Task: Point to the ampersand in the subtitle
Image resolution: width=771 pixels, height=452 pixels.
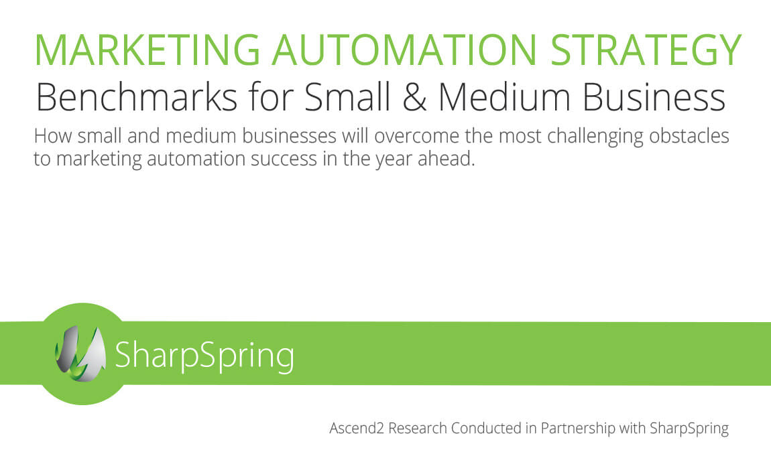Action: tap(414, 97)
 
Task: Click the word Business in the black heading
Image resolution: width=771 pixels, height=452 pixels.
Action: tap(654, 96)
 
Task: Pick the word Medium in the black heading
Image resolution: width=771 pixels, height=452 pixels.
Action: tap(504, 96)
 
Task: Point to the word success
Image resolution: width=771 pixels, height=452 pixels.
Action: tap(284, 159)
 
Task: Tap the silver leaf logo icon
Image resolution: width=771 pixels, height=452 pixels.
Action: tap(80, 354)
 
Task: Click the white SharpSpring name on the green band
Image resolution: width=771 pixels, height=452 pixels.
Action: tap(204, 356)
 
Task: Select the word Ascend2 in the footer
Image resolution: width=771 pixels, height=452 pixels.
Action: tap(357, 429)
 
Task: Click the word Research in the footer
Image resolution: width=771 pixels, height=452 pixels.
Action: tap(418, 429)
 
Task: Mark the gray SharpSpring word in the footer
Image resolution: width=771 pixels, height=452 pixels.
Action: tap(689, 429)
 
